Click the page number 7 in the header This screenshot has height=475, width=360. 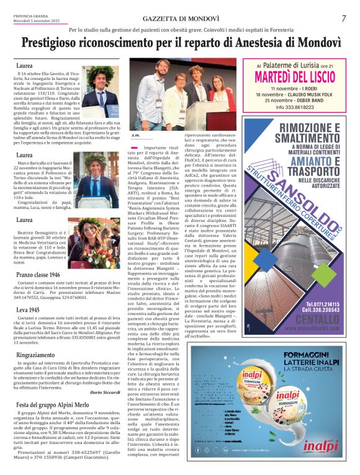coord(343,19)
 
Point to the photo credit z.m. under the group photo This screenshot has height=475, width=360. coord(136,135)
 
